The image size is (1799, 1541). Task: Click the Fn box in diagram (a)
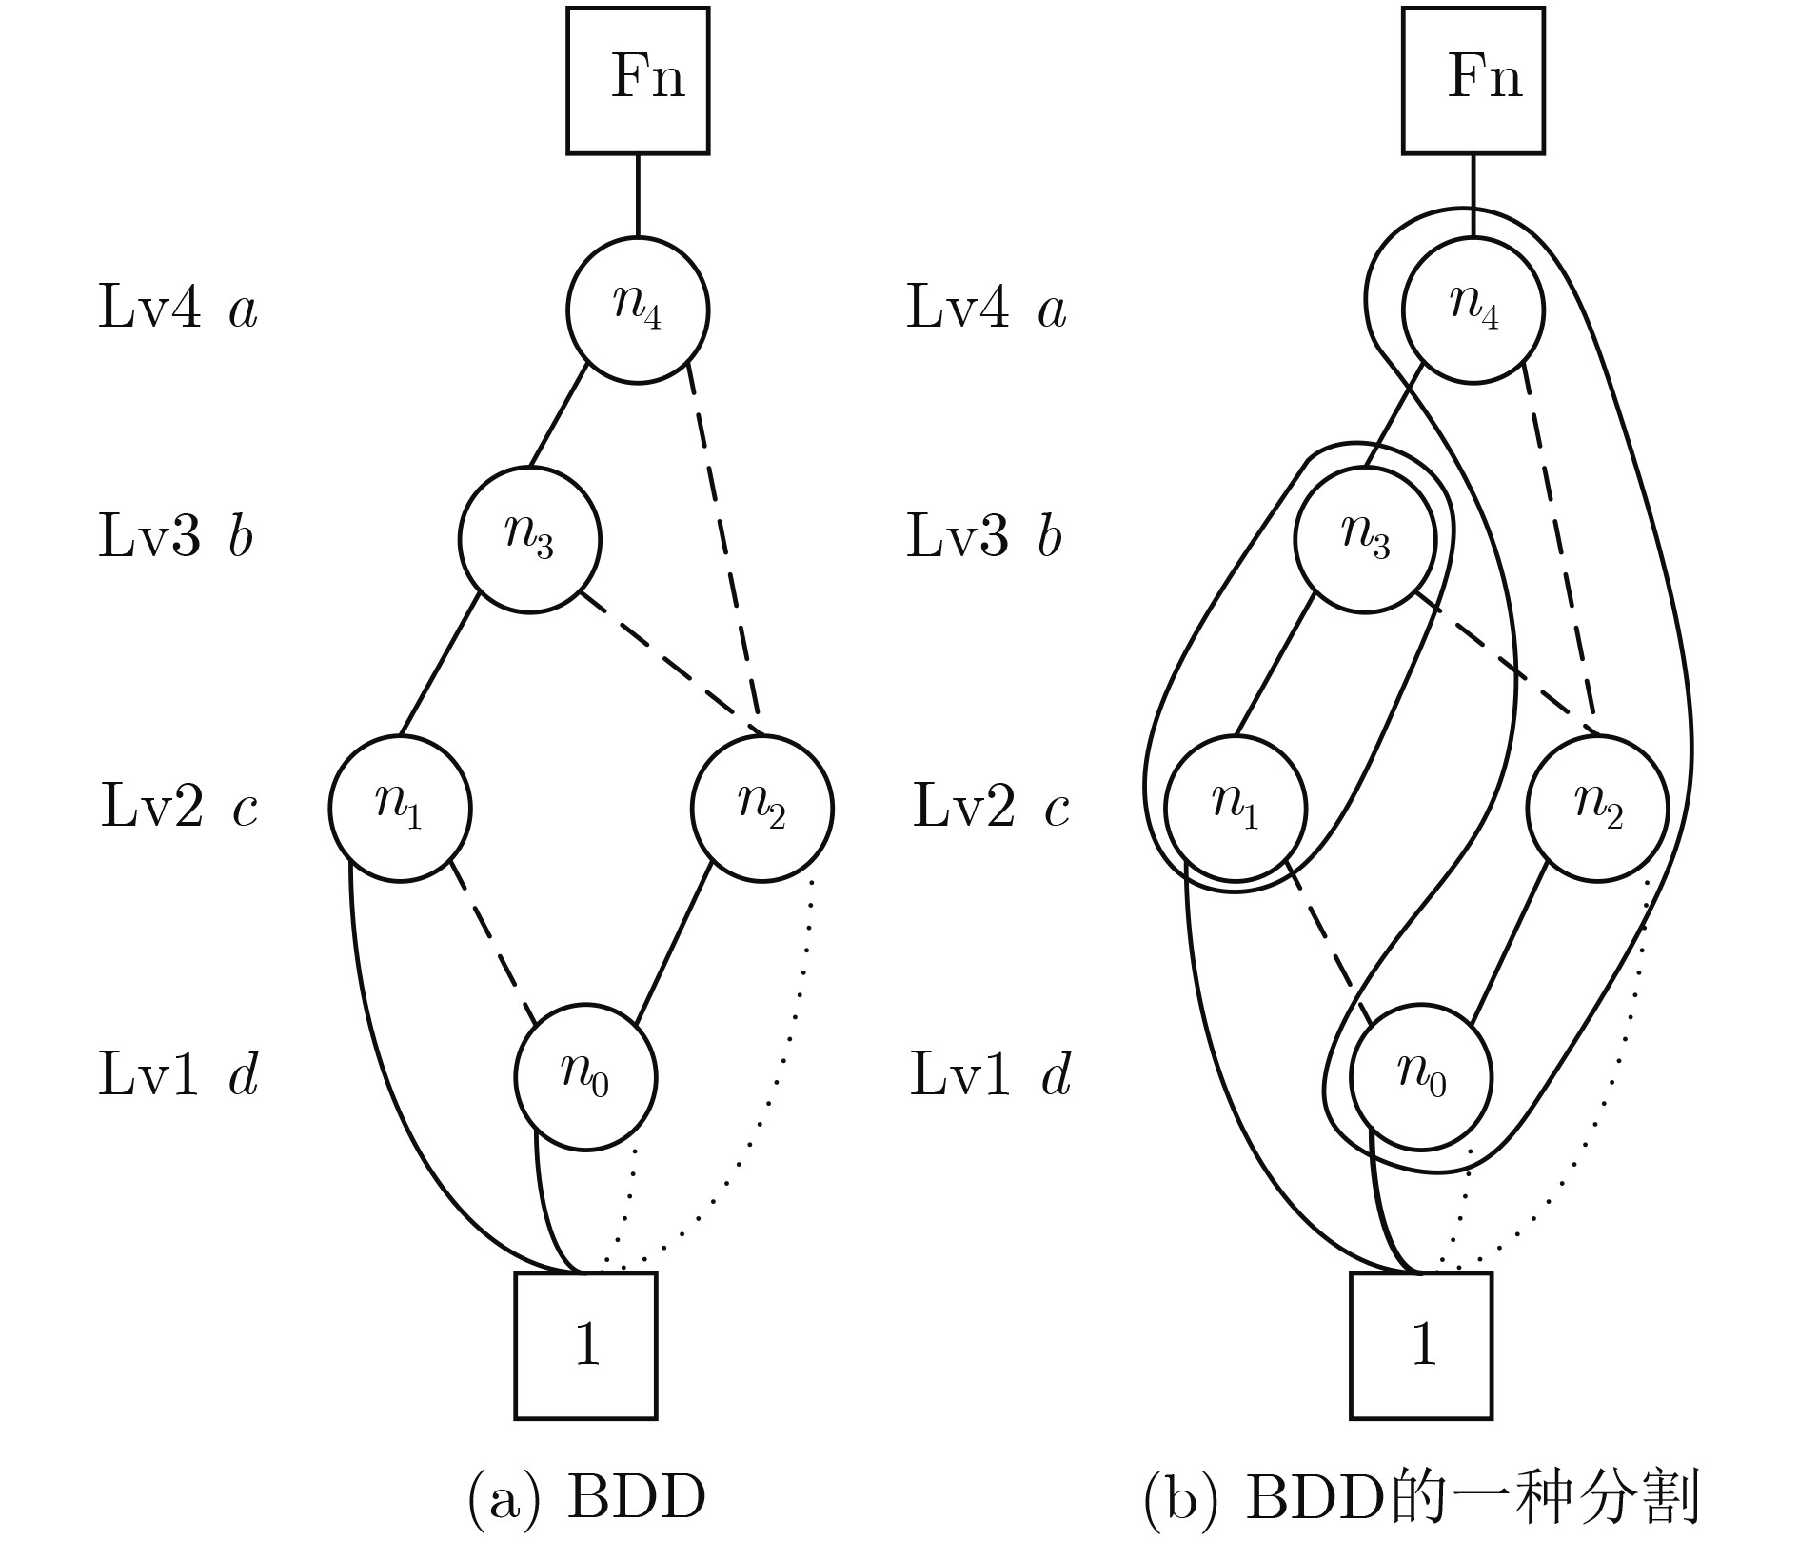(x=638, y=80)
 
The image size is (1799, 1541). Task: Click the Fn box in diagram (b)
(x=1473, y=80)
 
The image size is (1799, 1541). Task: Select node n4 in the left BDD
(x=638, y=310)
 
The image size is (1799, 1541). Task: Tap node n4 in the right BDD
(x=1473, y=310)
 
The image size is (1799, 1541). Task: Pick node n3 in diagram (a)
(x=530, y=539)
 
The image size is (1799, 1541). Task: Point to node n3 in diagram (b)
(x=1365, y=539)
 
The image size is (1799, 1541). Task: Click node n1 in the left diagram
(x=400, y=809)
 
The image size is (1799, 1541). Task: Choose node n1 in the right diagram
(x=1236, y=809)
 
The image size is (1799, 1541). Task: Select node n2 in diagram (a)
(x=761, y=809)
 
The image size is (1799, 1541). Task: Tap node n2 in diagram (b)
(x=1597, y=809)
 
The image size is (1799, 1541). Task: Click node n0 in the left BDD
(x=585, y=1077)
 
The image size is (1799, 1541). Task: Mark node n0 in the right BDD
(x=1421, y=1077)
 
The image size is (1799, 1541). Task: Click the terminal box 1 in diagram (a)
(x=585, y=1345)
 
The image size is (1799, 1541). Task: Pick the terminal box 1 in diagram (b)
(x=1421, y=1345)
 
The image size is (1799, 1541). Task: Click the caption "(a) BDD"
(x=586, y=1497)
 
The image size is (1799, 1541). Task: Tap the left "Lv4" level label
(x=149, y=309)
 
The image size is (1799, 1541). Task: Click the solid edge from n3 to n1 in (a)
(x=438, y=666)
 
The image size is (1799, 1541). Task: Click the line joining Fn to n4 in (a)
(x=638, y=195)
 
